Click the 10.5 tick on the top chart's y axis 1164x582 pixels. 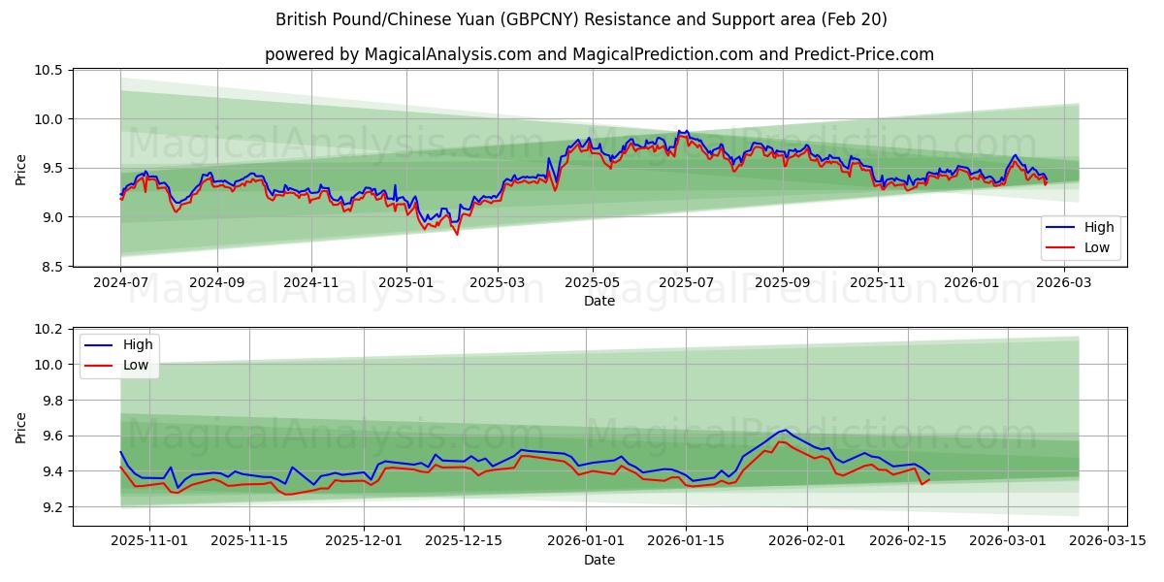(x=49, y=71)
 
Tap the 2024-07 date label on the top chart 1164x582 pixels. (x=120, y=282)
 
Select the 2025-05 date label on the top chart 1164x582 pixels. (x=592, y=282)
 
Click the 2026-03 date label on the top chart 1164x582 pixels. (x=1065, y=282)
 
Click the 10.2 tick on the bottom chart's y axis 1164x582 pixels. (x=49, y=330)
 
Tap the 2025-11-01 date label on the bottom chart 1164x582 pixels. (x=149, y=541)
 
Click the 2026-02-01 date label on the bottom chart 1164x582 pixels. (x=807, y=541)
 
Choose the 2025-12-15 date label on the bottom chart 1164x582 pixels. (x=464, y=541)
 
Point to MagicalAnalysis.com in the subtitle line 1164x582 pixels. (x=447, y=54)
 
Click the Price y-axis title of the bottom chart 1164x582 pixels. (x=21, y=427)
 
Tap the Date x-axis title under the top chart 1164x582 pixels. (x=598, y=301)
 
